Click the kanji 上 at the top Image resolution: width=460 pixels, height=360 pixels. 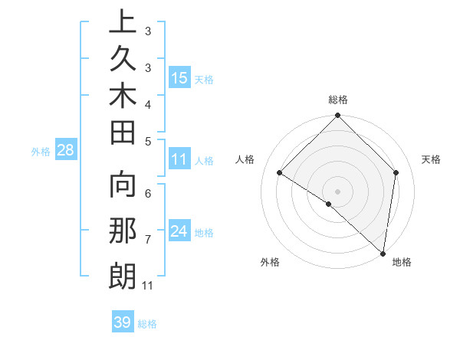point(123,23)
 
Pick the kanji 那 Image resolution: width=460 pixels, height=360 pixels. point(123,232)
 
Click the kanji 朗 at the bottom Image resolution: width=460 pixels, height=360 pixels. point(123,277)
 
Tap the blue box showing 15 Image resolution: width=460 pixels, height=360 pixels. point(179,77)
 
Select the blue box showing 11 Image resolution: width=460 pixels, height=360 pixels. point(179,160)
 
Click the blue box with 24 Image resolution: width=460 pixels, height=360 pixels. point(179,231)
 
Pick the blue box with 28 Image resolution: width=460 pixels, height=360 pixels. point(66,150)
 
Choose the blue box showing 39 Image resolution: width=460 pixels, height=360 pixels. point(123,322)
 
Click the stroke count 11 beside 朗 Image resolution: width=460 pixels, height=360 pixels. point(148,286)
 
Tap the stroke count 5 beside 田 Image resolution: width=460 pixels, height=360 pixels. point(147,141)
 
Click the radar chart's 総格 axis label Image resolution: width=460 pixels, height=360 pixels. point(338,100)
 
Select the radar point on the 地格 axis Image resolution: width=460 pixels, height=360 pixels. point(383,254)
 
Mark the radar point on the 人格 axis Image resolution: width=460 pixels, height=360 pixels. point(280,172)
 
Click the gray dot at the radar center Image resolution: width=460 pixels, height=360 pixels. point(338,191)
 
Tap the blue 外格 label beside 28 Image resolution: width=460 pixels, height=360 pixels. point(41,151)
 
